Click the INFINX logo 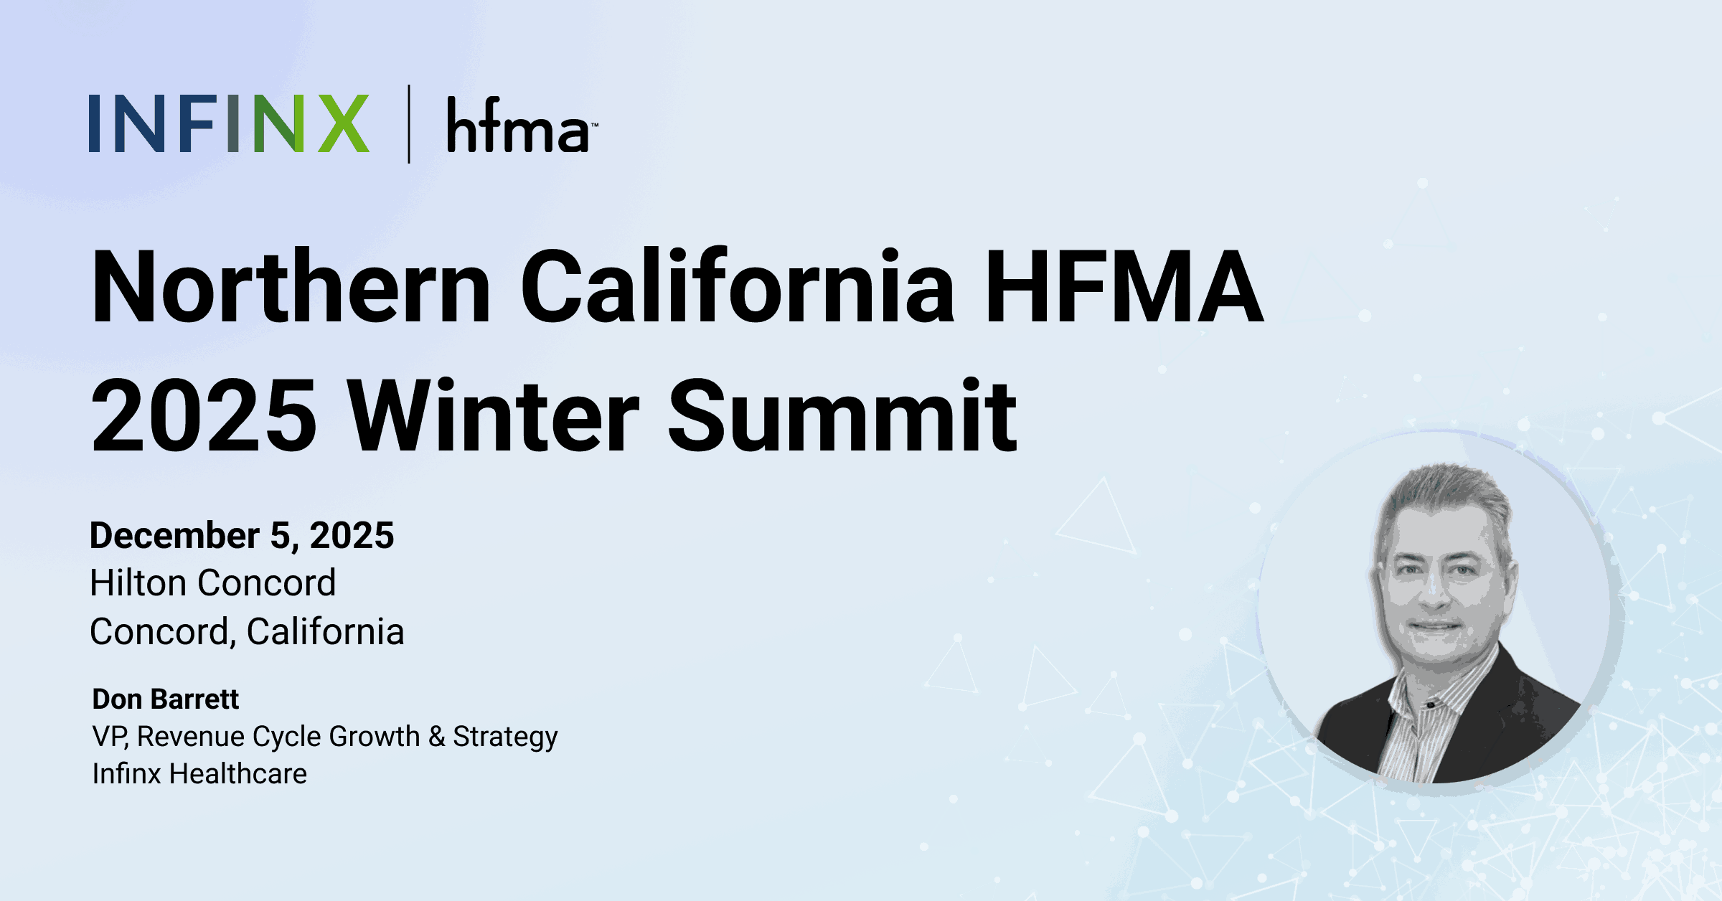click(x=229, y=123)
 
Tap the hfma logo click(x=522, y=125)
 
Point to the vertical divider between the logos click(x=409, y=124)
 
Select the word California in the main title click(x=738, y=286)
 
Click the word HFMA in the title click(x=1124, y=286)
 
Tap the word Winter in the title click(x=494, y=416)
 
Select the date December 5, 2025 click(x=242, y=535)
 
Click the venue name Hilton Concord click(x=213, y=582)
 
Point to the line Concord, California click(x=247, y=631)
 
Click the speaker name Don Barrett click(x=166, y=699)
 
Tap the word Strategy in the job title click(x=505, y=737)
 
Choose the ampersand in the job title click(x=436, y=736)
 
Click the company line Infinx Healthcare click(x=199, y=773)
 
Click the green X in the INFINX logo click(x=343, y=123)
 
